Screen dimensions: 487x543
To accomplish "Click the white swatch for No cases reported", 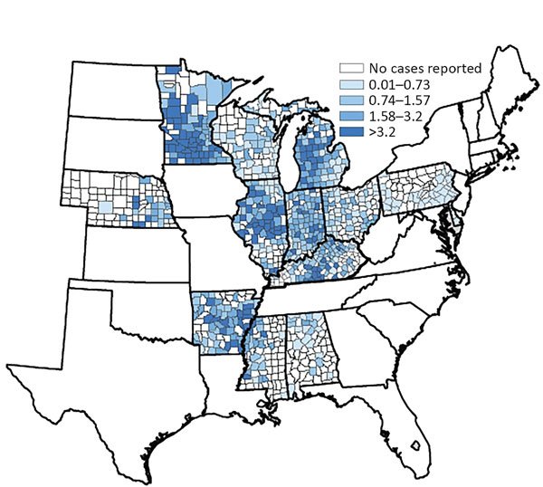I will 344,68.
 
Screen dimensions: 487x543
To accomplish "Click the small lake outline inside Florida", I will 415,445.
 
